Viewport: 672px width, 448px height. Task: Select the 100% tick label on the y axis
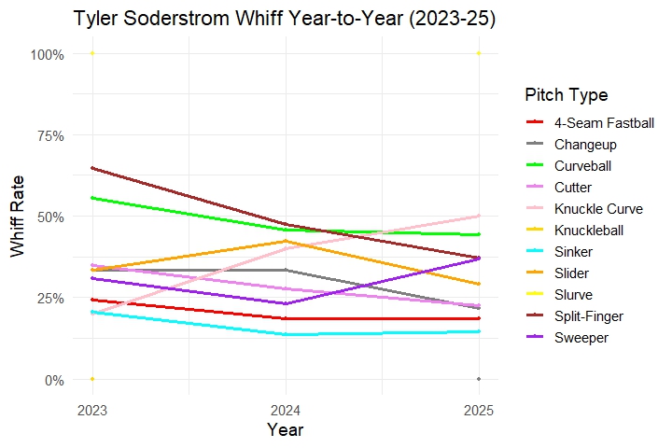point(47,54)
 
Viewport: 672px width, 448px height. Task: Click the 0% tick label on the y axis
point(52,380)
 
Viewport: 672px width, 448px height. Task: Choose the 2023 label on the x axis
point(91,409)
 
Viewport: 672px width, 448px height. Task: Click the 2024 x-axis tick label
point(285,409)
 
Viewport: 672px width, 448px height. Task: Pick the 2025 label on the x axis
point(478,409)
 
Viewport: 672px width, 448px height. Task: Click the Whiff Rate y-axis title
point(18,216)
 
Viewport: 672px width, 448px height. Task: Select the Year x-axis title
point(285,430)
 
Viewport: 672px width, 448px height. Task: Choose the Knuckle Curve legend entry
point(597,208)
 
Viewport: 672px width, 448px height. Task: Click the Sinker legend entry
point(574,252)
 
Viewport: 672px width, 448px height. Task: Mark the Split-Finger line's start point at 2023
point(91,168)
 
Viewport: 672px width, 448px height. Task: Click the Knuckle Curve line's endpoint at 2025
point(478,217)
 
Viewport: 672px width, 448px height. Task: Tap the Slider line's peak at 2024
point(285,241)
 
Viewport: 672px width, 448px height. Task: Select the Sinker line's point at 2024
point(285,334)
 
